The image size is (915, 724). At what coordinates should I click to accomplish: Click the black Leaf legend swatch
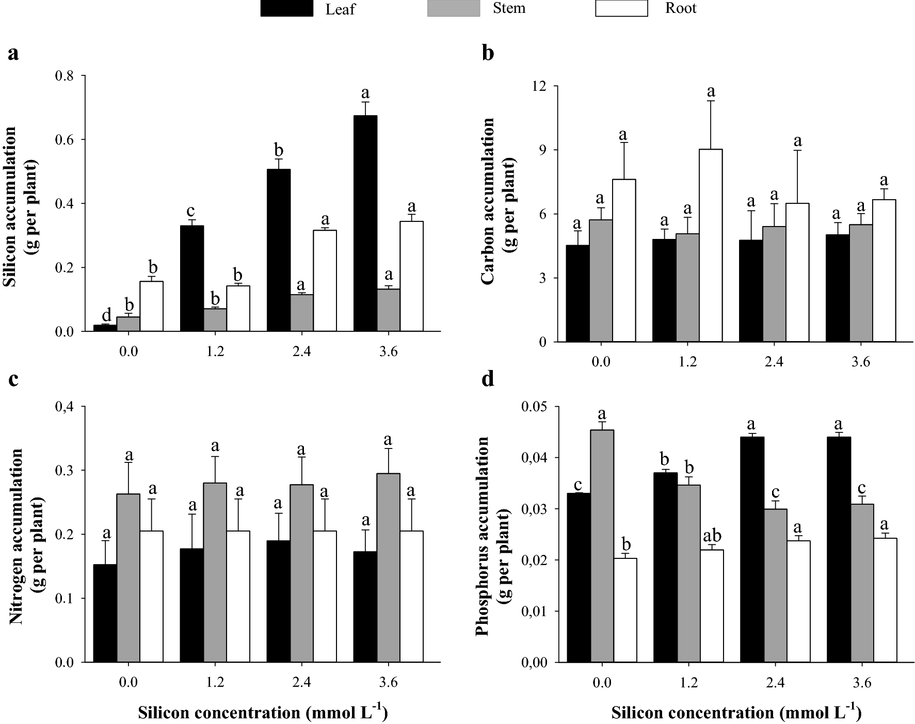tap(286, 8)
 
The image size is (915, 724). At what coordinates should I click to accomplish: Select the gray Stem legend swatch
tap(453, 8)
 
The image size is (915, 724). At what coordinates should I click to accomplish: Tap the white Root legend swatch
tap(621, 8)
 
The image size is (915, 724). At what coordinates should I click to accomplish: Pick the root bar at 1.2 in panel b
tap(710, 245)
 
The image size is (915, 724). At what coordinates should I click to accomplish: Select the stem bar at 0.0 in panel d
tap(602, 546)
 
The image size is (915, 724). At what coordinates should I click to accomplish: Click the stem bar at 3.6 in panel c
tap(388, 568)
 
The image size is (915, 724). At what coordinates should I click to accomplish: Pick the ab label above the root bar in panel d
tap(712, 535)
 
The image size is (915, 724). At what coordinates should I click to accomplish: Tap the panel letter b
tap(488, 53)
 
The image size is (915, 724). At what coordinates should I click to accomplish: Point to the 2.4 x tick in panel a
tap(301, 352)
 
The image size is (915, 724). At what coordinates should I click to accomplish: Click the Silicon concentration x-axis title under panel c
tap(263, 713)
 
